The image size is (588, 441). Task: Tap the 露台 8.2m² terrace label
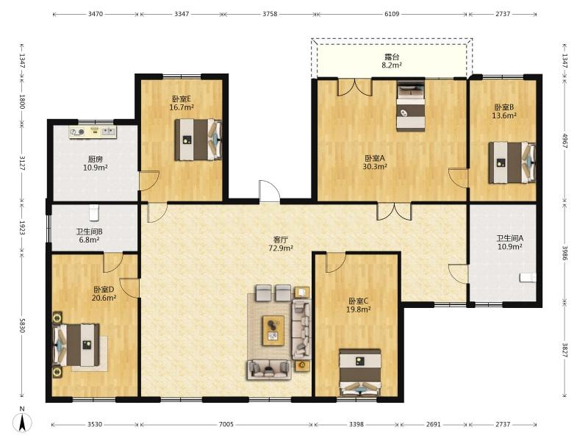tap(392, 61)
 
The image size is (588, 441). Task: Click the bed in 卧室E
tap(198, 140)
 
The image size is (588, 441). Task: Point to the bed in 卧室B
tap(512, 162)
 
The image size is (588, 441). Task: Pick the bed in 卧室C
tap(360, 373)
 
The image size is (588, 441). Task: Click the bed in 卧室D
tap(76, 345)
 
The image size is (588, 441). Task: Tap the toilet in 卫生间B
tap(94, 212)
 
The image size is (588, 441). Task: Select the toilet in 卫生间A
tap(528, 278)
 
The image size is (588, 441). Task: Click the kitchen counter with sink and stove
tap(93, 132)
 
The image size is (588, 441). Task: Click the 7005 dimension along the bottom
tap(226, 424)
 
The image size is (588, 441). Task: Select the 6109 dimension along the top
tap(392, 14)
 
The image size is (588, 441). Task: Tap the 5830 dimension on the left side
tap(22, 326)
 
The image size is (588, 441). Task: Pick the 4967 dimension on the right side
tap(564, 139)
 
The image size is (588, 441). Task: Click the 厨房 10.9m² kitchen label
tap(96, 163)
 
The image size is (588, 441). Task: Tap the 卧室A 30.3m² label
tap(375, 162)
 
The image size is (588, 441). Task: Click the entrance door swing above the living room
tap(269, 192)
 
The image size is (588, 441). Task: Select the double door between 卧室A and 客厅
tap(394, 211)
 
